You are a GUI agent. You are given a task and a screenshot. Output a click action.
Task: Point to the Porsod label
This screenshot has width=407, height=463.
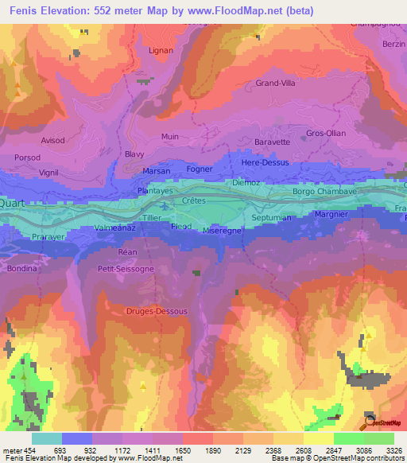tap(27, 158)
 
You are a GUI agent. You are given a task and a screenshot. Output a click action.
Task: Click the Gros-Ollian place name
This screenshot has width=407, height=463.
tap(326, 133)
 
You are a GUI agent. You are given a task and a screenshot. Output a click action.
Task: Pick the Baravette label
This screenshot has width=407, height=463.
tap(272, 142)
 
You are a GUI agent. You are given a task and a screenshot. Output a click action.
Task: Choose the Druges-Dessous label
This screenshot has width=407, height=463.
tap(157, 311)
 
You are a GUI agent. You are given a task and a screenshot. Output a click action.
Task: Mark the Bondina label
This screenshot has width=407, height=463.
tap(22, 269)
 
